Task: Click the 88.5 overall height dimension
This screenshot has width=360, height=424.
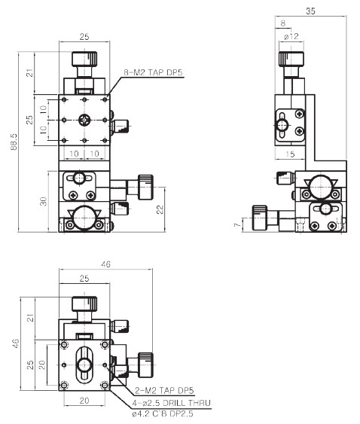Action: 14,142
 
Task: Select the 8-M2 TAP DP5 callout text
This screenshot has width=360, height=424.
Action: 153,72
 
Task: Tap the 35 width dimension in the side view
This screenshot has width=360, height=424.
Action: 310,11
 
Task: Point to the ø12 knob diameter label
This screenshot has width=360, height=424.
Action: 291,36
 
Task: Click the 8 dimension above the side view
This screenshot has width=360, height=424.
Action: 283,23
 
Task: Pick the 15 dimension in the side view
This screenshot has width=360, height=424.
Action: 290,154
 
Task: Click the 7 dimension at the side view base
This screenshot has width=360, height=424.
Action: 237,224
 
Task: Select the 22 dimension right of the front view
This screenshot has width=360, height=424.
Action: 160,209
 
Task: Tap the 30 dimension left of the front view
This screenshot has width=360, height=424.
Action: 43,201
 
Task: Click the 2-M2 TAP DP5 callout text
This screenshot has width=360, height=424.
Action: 164,390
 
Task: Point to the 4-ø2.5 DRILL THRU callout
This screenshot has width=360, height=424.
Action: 171,403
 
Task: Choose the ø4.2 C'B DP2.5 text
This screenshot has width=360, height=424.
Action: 163,413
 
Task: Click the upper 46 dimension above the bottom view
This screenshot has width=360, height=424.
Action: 105,264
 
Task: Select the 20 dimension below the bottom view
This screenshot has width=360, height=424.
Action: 84,401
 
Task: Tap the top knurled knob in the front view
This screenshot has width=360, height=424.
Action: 84,59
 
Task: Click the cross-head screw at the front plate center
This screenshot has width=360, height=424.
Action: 84,120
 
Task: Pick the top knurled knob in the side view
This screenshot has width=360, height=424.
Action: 291,59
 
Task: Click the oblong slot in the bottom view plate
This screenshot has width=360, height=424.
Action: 84,365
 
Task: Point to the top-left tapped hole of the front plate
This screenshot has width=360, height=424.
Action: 64,99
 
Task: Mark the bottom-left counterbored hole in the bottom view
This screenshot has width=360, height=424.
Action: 64,386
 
